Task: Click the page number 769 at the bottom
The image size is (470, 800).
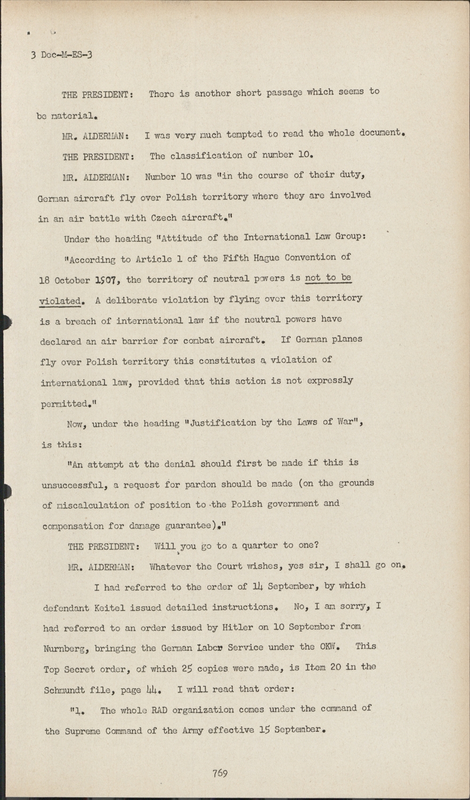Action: pyautogui.click(x=220, y=773)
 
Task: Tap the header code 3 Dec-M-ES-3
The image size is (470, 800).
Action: pyautogui.click(x=61, y=54)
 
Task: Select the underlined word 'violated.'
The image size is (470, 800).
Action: pyautogui.click(x=61, y=301)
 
